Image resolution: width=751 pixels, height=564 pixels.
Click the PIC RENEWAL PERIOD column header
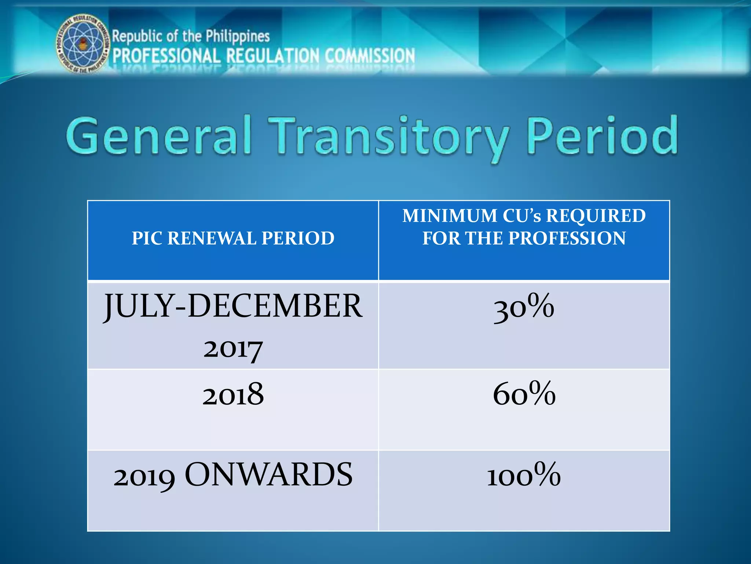[233, 238]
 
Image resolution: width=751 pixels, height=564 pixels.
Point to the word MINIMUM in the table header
[449, 216]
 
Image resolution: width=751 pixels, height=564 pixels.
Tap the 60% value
[524, 394]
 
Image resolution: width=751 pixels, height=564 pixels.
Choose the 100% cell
[524, 475]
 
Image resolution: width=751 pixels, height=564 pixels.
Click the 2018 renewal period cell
[233, 394]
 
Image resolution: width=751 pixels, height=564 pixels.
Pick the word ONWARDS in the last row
[268, 475]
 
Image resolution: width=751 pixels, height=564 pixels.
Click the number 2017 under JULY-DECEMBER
[233, 349]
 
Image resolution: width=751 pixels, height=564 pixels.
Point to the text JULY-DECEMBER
[233, 306]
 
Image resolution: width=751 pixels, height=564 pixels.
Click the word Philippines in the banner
[238, 36]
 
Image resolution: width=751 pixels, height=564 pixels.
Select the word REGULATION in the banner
[273, 56]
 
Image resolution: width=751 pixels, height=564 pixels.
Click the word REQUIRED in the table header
[596, 216]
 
